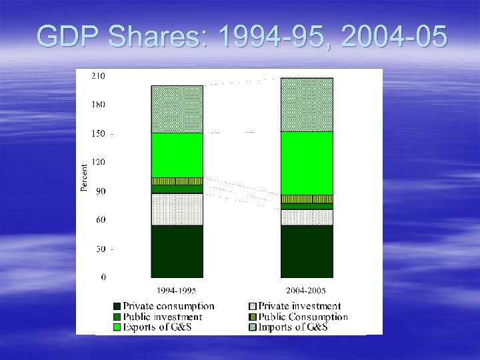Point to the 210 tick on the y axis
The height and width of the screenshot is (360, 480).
(x=98, y=76)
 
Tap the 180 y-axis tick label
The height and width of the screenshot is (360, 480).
(x=98, y=105)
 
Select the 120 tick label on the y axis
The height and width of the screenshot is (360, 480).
(x=98, y=162)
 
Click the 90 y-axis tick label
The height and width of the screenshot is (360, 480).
(x=100, y=191)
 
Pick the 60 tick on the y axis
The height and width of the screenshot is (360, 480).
(x=100, y=220)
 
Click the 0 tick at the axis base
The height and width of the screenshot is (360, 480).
(x=103, y=277)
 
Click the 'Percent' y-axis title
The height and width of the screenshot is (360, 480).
(x=84, y=178)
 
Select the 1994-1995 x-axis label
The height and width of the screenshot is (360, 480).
(x=176, y=291)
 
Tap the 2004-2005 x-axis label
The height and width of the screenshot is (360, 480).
(x=306, y=291)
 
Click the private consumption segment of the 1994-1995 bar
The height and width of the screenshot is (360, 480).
(x=177, y=251)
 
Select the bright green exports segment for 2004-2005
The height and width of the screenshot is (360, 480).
(x=306, y=163)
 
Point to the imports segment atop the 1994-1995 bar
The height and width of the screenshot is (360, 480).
(x=177, y=109)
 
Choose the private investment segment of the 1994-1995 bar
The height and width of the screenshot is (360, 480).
(x=177, y=209)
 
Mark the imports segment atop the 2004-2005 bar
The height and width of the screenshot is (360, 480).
(x=306, y=105)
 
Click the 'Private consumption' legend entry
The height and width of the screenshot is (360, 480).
(x=168, y=307)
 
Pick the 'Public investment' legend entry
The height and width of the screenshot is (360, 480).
(x=162, y=317)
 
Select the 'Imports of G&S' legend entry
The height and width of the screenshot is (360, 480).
(x=293, y=327)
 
